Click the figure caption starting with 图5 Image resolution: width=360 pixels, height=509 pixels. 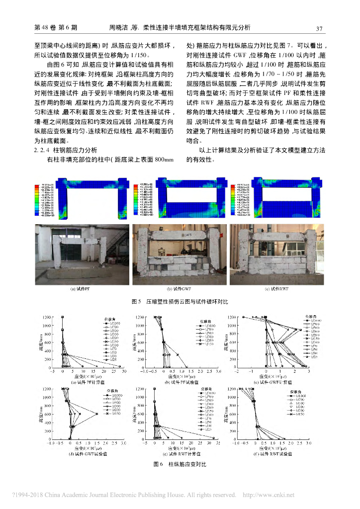(x=180, y=302)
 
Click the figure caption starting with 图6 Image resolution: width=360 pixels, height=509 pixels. (x=180, y=464)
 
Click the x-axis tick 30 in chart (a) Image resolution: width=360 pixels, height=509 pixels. (x=124, y=371)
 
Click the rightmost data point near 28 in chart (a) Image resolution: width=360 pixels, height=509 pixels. (x=120, y=366)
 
